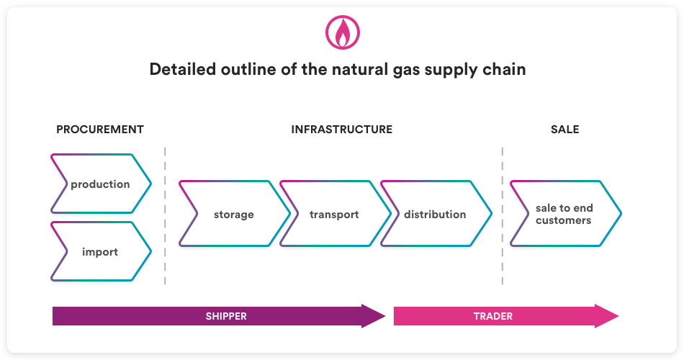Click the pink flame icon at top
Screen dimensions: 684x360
(343, 32)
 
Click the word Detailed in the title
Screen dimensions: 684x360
(183, 69)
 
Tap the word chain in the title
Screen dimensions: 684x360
(504, 69)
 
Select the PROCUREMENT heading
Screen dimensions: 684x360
(100, 130)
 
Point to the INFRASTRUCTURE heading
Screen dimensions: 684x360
(341, 130)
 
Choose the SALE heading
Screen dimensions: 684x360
(565, 130)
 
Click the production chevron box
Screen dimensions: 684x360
(101, 184)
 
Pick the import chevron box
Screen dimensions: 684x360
(101, 251)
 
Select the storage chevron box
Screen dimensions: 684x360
(234, 214)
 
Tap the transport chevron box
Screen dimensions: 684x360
(335, 214)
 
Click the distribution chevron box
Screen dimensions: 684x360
(436, 214)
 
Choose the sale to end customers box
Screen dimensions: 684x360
(566, 214)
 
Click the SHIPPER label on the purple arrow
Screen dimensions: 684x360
(226, 316)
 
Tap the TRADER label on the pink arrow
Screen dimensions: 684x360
(493, 316)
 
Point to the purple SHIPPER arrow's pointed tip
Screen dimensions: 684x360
(385, 316)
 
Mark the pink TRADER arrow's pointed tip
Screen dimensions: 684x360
(618, 316)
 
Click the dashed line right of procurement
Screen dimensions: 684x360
(165, 216)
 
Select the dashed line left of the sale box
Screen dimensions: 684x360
(503, 216)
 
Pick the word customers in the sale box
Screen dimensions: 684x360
(564, 220)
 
